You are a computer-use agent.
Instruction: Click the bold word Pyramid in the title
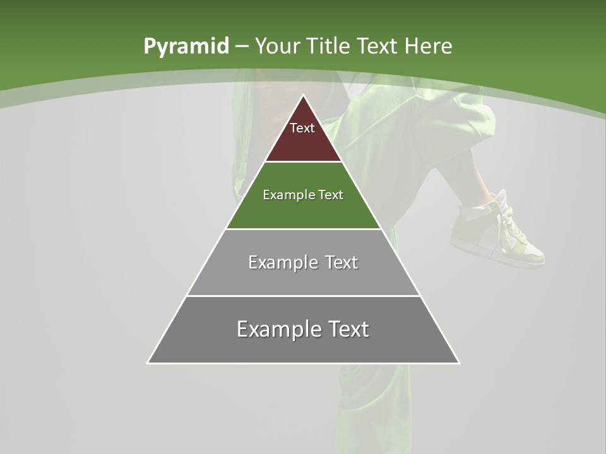(x=186, y=46)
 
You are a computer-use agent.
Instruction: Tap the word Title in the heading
(x=328, y=46)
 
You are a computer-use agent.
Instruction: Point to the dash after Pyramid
(x=242, y=46)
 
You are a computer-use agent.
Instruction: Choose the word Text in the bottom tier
(x=345, y=329)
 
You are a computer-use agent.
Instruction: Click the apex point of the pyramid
(x=303, y=96)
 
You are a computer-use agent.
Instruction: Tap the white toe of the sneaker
(x=534, y=256)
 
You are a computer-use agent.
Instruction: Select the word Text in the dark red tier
(x=302, y=128)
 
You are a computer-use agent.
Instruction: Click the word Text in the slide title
(x=377, y=46)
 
